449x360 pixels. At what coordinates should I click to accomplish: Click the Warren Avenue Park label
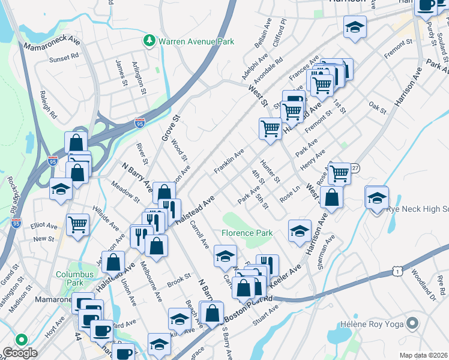(196, 41)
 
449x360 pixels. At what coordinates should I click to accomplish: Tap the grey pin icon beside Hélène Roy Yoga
(412, 324)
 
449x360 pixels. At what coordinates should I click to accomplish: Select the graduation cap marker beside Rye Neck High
(377, 197)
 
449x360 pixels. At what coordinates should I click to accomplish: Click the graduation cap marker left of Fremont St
(355, 26)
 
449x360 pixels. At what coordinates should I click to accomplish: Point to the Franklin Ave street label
(228, 163)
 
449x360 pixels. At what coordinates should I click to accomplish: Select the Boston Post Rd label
(249, 307)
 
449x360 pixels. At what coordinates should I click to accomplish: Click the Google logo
(20, 353)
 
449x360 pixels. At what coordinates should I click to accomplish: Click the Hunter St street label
(270, 171)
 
